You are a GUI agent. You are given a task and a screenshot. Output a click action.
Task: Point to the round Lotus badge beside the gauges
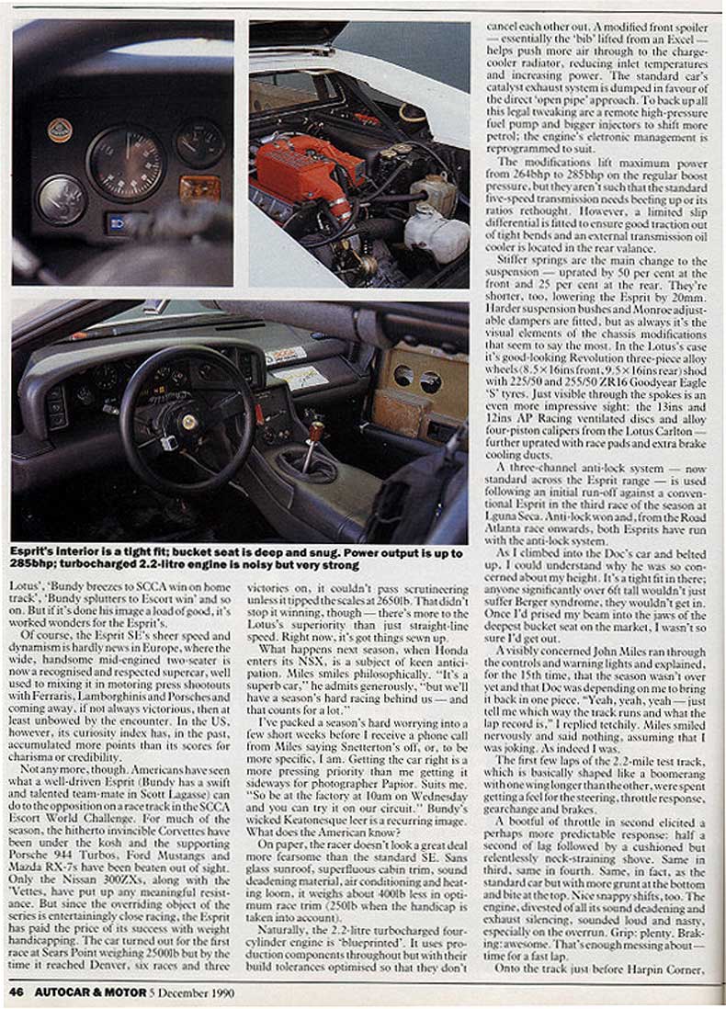pyautogui.click(x=60, y=130)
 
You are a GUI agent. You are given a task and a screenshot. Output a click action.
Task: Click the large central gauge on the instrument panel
pyautogui.click(x=127, y=164)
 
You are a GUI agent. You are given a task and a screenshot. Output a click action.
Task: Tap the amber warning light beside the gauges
pyautogui.click(x=200, y=189)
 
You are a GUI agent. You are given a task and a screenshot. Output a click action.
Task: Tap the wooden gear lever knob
pyautogui.click(x=317, y=429)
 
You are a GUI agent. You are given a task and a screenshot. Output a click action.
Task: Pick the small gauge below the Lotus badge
pyautogui.click(x=61, y=198)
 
